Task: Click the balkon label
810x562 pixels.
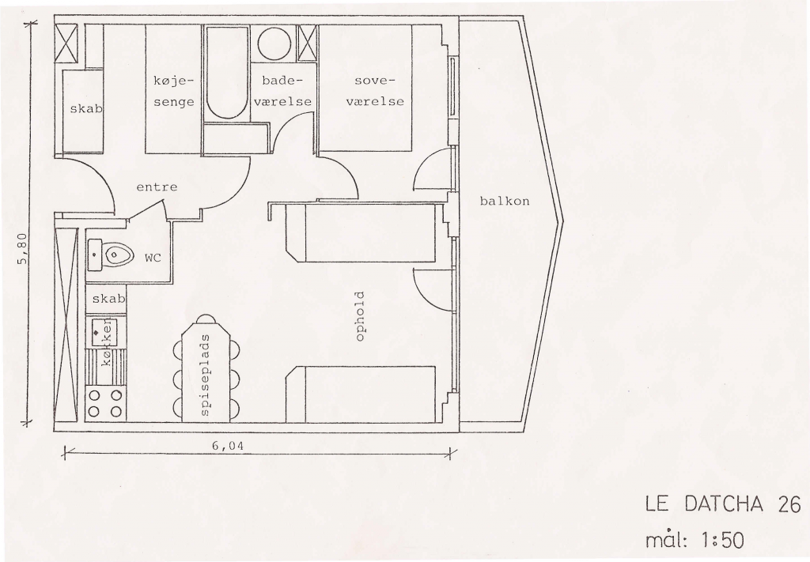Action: (505, 202)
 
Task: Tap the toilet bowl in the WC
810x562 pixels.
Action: (118, 255)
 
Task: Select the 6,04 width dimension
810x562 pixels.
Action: (227, 446)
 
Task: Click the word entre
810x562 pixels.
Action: (157, 187)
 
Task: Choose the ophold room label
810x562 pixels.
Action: (360, 316)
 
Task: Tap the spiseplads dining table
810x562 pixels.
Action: (206, 370)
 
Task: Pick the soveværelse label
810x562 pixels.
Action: (375, 92)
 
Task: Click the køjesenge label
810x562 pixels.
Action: (174, 92)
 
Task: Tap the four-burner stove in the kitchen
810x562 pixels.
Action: (105, 403)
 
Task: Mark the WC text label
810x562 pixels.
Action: (153, 258)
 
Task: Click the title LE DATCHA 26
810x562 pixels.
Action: (723, 504)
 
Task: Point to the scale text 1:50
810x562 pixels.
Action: (722, 541)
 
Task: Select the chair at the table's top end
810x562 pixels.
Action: (206, 319)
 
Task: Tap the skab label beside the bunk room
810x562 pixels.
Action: (85, 109)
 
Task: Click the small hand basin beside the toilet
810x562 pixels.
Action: (95, 255)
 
